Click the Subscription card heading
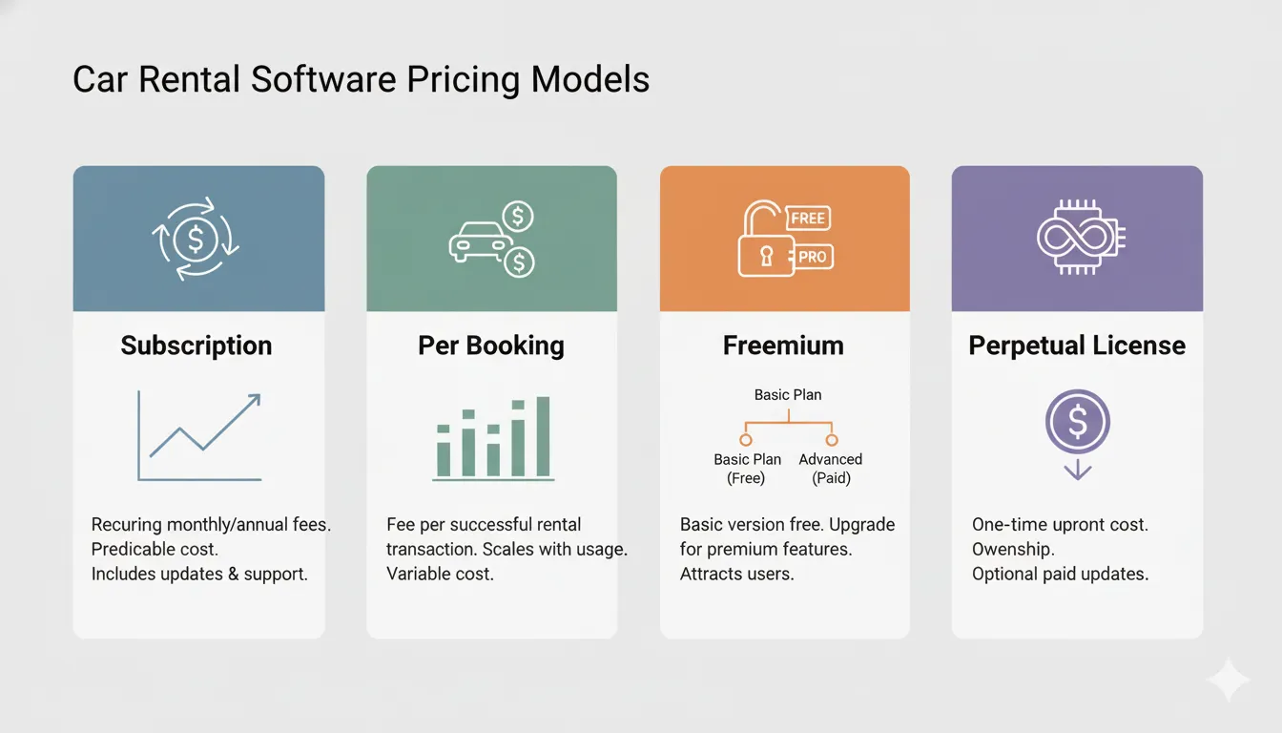pyautogui.click(x=196, y=346)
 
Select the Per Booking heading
pyautogui.click(x=491, y=346)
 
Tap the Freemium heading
pyautogui.click(x=783, y=346)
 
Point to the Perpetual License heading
pyautogui.click(x=1077, y=346)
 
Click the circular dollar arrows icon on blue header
pyautogui.click(x=196, y=239)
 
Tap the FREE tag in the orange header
pyautogui.click(x=808, y=218)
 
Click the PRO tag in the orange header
pyautogui.click(x=812, y=257)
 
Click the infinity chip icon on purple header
pyautogui.click(x=1077, y=239)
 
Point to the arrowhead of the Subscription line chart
pyautogui.click(x=254, y=400)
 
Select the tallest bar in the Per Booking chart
pyautogui.click(x=543, y=436)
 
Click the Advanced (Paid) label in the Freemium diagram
pyautogui.click(x=831, y=469)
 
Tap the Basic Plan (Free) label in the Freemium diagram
pyautogui.click(x=747, y=469)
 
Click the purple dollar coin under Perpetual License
pyautogui.click(x=1077, y=421)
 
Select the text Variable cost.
pyautogui.click(x=440, y=575)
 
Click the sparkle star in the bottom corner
pyautogui.click(x=1228, y=681)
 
